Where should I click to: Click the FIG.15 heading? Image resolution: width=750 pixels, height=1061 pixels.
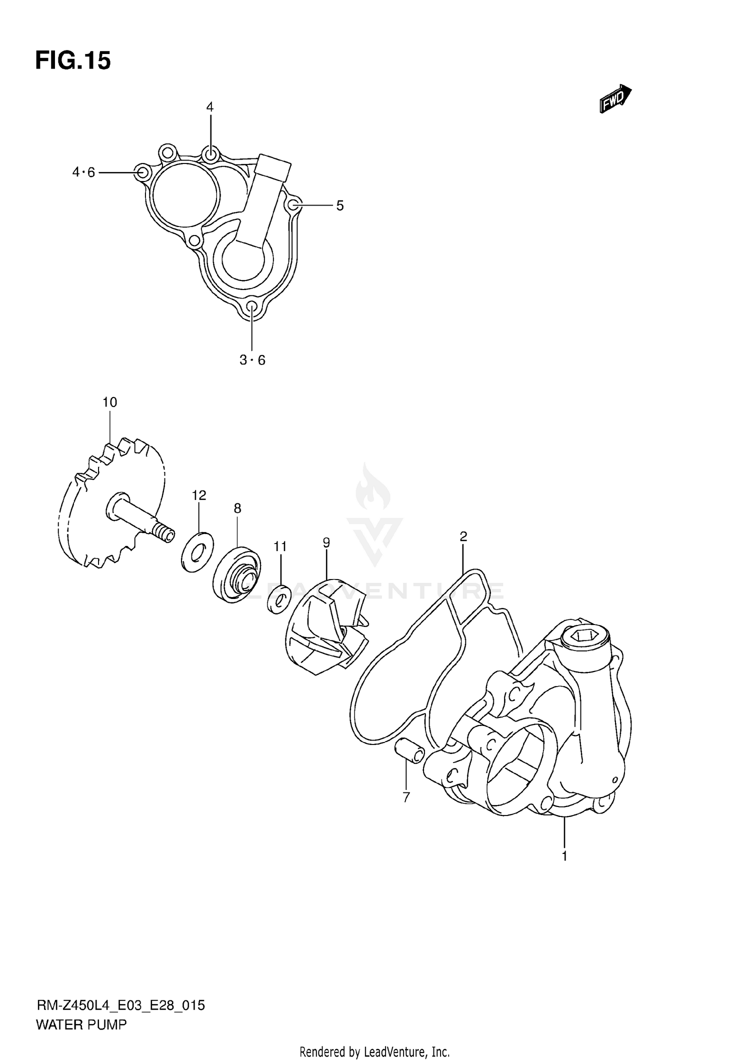coord(73,61)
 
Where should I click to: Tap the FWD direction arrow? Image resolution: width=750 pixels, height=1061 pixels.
coord(615,98)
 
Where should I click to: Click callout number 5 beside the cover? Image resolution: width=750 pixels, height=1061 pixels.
coord(340,205)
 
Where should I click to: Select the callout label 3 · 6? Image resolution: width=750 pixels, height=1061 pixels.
coord(252,360)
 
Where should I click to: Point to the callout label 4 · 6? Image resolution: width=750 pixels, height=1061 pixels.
coord(83,172)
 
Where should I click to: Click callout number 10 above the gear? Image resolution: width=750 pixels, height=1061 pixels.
coord(109,402)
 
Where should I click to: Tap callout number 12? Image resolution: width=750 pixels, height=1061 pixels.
coord(198,495)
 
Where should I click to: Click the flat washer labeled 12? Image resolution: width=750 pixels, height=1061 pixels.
coord(196,552)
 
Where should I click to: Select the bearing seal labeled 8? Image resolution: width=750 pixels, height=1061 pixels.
coord(236,574)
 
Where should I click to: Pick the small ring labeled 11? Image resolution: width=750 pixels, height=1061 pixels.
coord(279,598)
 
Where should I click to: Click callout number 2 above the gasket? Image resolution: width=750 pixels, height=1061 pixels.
coord(463,536)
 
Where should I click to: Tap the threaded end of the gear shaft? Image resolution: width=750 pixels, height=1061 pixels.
coord(164,532)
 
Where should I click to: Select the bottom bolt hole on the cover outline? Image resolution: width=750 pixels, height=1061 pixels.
coord(252,306)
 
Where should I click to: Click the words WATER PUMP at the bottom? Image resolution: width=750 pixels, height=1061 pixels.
coord(81,1024)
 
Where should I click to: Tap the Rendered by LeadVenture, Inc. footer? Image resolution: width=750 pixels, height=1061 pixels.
coord(374,1052)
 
